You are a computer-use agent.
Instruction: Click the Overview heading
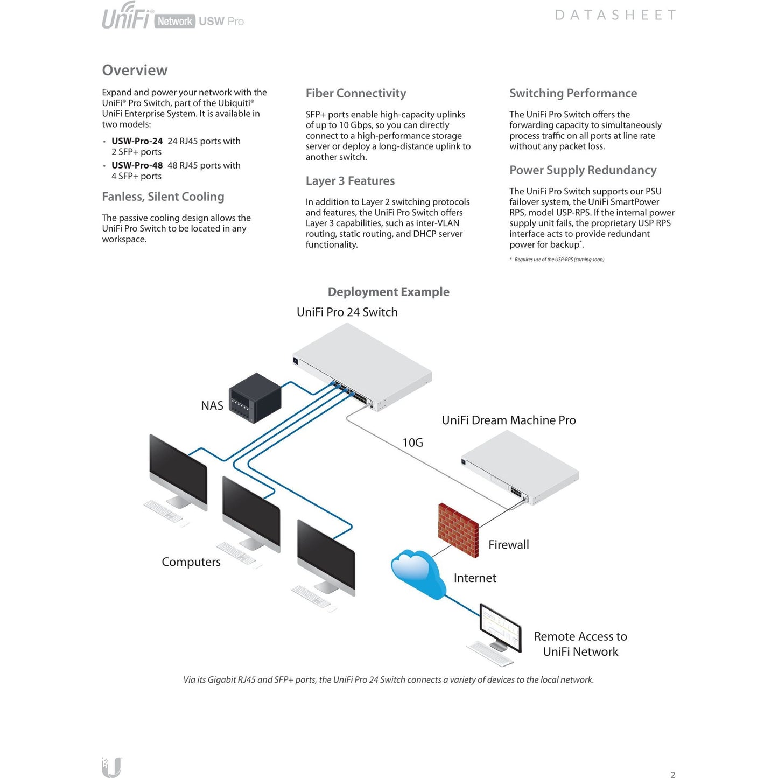tap(135, 71)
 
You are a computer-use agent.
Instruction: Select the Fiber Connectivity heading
tap(356, 93)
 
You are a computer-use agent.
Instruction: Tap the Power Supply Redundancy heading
tap(583, 170)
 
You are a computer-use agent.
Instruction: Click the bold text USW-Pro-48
tap(137, 165)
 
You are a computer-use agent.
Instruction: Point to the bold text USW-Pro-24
tap(137, 141)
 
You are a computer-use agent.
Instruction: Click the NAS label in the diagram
tap(212, 405)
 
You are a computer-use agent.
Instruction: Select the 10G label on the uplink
tap(412, 443)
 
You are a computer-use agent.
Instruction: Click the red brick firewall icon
tap(458, 530)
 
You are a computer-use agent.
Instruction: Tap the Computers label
tap(191, 562)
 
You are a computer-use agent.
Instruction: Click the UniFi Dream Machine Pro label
tap(508, 420)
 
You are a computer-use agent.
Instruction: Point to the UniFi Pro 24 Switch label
tap(347, 312)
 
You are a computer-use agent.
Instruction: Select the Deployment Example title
tap(388, 292)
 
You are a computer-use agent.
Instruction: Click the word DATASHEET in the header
tap(615, 15)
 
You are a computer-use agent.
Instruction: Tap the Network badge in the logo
tap(174, 22)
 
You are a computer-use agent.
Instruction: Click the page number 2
tap(672, 774)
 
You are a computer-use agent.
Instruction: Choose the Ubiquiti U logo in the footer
tap(111, 767)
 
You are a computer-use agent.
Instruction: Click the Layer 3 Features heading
tap(350, 181)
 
